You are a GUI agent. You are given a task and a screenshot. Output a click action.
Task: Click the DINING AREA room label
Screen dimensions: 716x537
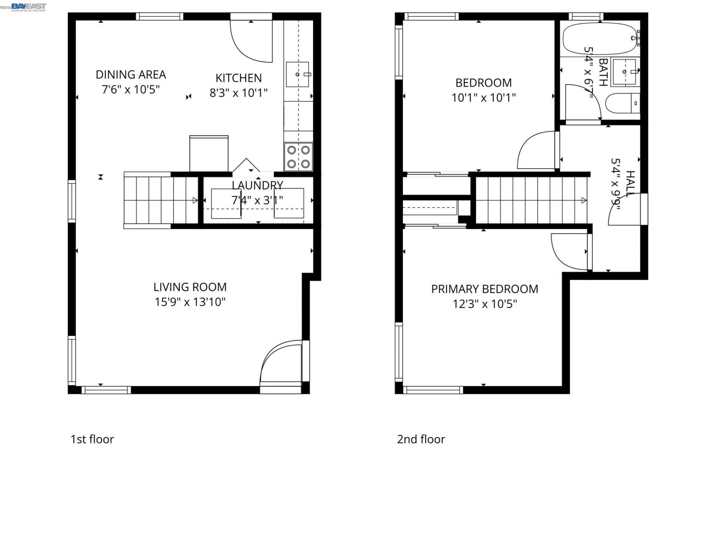(131, 75)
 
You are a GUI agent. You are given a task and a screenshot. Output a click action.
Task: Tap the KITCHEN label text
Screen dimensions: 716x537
(239, 78)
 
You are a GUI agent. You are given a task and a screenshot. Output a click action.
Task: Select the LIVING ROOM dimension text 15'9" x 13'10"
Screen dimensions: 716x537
(190, 302)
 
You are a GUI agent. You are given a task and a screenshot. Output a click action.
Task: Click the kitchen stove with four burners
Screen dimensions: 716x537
(298, 157)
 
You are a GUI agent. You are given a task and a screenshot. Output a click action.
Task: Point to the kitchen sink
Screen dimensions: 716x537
(298, 74)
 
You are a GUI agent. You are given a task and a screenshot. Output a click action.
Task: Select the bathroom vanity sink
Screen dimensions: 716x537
(624, 72)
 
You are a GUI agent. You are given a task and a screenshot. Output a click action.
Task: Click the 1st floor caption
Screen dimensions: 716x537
(92, 439)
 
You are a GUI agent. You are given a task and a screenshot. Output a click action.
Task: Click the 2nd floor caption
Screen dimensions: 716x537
(421, 439)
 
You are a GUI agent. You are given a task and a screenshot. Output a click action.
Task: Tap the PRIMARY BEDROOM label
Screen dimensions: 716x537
(484, 289)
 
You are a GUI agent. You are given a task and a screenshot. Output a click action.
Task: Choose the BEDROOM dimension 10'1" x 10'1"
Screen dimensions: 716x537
(484, 98)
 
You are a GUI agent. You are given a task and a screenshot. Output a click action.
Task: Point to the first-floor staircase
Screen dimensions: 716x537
(161, 200)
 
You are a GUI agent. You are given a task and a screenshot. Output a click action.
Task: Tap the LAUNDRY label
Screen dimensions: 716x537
(257, 185)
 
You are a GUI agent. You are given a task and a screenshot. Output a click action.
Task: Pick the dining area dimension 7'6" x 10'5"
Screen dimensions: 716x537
(131, 89)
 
